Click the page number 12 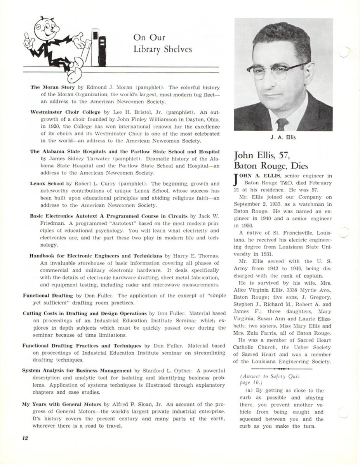pos(25,438)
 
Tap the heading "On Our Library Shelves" pos(162,43)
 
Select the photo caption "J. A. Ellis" pos(283,138)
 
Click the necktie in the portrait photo pos(282,124)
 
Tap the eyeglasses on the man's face pos(277,71)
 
